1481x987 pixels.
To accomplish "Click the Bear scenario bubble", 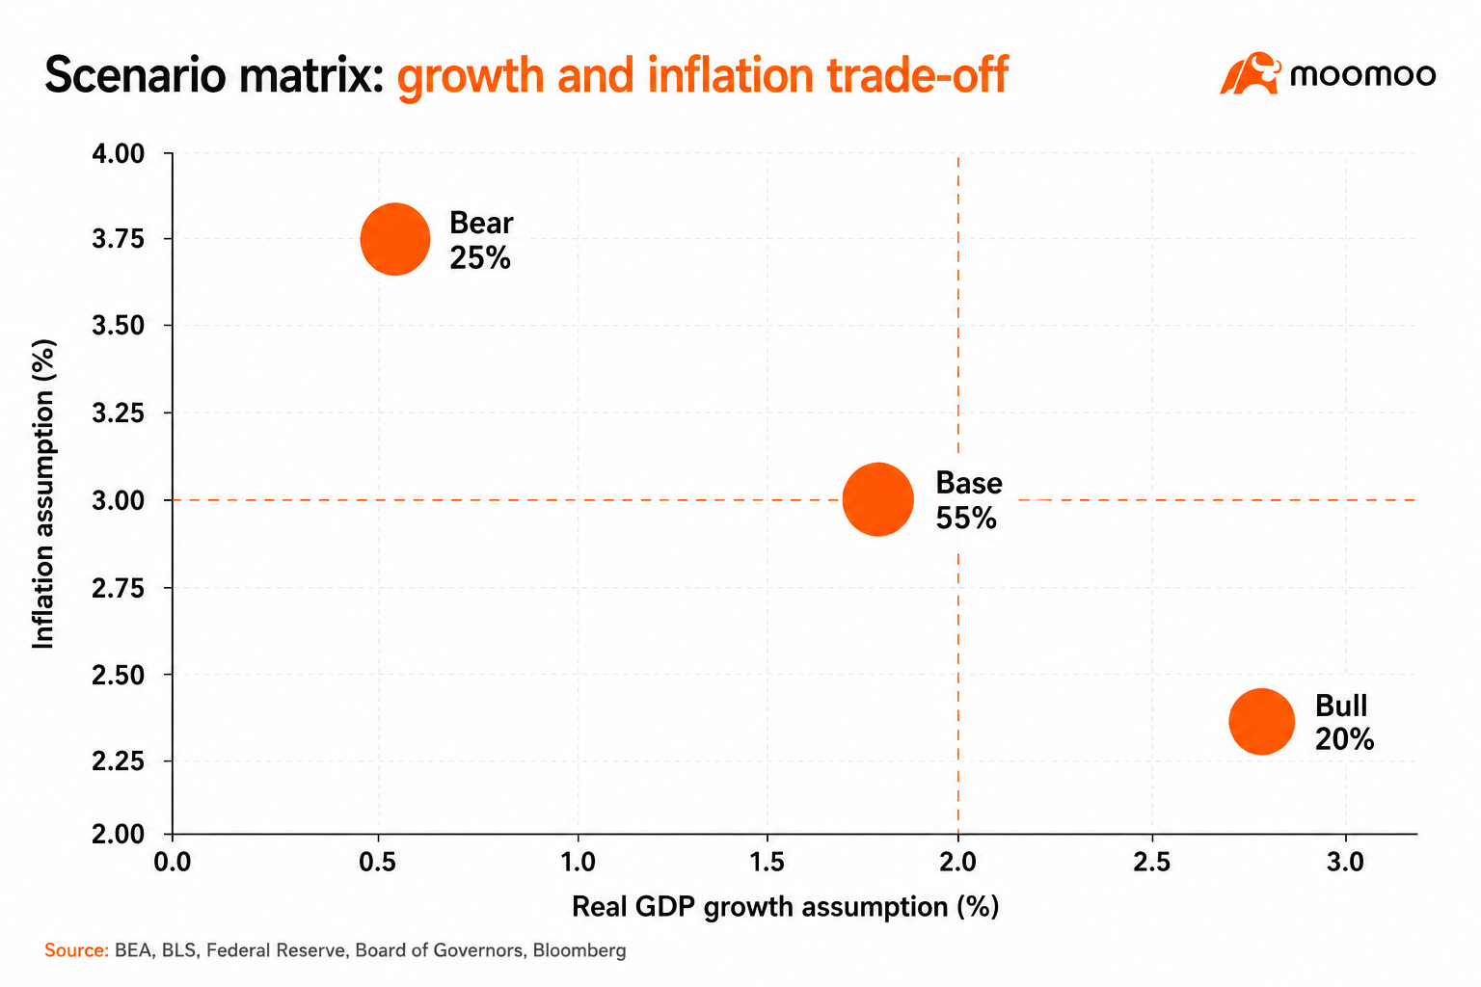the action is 395,239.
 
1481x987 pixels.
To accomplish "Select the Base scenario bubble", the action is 878,499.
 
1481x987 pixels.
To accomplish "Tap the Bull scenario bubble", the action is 1261,721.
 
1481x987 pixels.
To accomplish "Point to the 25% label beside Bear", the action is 480,257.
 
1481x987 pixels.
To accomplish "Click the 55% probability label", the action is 966,519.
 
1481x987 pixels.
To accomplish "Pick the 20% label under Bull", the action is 1344,739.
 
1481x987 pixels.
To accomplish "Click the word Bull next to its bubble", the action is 1341,706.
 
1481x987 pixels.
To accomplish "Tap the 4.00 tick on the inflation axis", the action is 119,153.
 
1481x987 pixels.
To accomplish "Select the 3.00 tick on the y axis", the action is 119,500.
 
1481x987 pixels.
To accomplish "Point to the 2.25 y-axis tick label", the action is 119,761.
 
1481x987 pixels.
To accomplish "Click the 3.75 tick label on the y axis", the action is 119,239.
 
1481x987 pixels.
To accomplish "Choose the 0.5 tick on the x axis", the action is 378,862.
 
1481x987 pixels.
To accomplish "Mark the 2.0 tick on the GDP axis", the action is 958,862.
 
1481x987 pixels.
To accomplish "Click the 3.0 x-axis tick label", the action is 1345,862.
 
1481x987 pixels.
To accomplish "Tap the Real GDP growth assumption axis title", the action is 785,907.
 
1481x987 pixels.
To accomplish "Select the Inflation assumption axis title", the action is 43,493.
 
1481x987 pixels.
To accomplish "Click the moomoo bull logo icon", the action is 1250,72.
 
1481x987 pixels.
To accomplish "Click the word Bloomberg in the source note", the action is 579,950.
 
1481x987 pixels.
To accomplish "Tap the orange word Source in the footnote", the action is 76,950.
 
